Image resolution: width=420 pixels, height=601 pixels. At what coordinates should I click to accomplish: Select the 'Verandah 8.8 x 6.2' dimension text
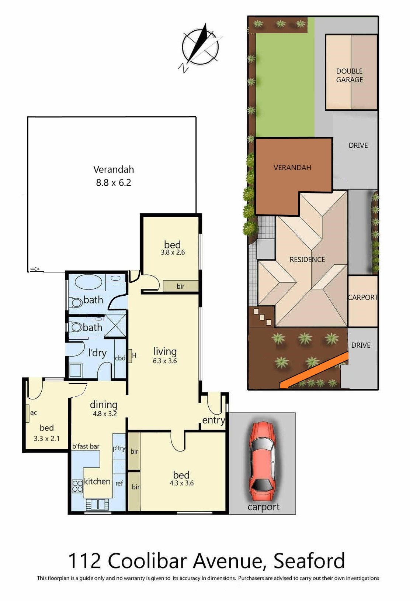point(113,176)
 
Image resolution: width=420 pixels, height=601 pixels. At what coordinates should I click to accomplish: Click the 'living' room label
point(165,351)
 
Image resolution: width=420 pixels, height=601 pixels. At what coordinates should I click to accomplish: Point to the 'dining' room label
point(104,404)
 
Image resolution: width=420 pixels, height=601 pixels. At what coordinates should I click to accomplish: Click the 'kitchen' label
point(97,481)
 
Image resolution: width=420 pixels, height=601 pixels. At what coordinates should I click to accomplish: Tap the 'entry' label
point(214,420)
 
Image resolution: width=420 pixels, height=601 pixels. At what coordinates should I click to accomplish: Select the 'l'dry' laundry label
point(97,353)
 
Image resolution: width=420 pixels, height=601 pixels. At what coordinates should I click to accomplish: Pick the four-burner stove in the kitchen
point(77,487)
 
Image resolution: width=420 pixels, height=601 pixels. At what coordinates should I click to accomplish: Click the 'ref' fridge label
point(119,483)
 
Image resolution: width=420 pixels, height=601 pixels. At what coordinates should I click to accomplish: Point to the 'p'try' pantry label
point(119,448)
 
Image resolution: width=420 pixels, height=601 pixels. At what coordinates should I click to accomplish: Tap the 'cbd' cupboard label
point(120,358)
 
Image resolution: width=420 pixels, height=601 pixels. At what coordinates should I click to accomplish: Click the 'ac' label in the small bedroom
point(34,413)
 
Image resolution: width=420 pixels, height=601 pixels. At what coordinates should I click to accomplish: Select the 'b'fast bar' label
point(86,446)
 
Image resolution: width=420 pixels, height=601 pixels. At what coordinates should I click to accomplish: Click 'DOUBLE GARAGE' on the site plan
point(350,75)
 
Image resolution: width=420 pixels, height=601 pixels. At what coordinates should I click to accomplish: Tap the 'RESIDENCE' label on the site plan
point(307,260)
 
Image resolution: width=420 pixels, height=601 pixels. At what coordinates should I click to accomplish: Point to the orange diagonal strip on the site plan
point(314,371)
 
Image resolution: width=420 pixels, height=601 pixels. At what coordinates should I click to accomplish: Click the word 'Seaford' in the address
point(309,560)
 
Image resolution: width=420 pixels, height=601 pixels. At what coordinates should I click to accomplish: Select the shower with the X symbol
point(115,326)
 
